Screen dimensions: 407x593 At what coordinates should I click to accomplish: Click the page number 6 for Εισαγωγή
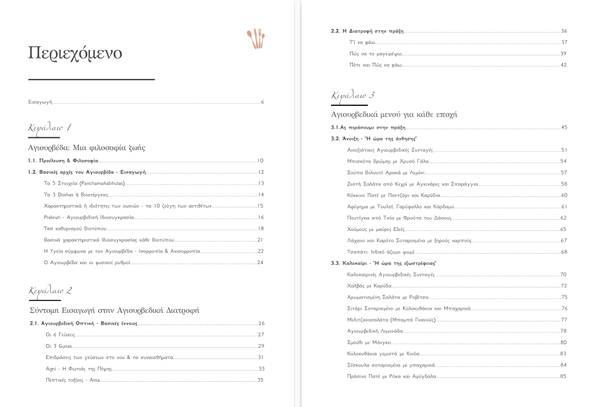pyautogui.click(x=262, y=102)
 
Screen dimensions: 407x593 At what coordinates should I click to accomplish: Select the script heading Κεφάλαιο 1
pyautogui.click(x=50, y=127)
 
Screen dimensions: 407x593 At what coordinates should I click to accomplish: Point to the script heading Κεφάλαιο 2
pyautogui.click(x=51, y=290)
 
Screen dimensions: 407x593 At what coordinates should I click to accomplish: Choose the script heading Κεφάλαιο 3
pyautogui.click(x=352, y=95)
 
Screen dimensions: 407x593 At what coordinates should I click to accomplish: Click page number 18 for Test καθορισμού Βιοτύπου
pyautogui.click(x=261, y=228)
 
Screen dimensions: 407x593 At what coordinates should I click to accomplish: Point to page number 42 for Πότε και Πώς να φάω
pyautogui.click(x=563, y=65)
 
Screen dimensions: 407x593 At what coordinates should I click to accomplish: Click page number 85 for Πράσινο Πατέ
pyautogui.click(x=563, y=376)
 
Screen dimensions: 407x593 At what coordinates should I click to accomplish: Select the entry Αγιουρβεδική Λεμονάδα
pyautogui.click(x=375, y=331)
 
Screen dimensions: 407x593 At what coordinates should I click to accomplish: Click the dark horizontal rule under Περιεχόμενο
pyautogui.click(x=91, y=79)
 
